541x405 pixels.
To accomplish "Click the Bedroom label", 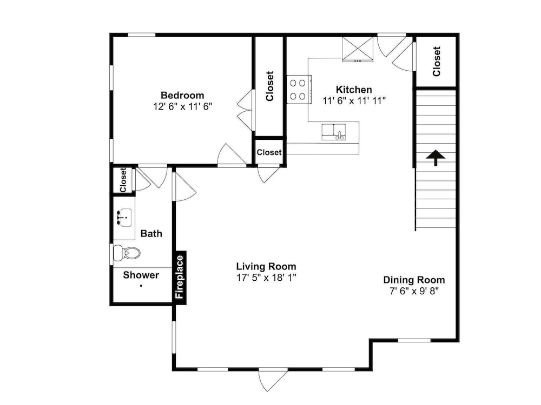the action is click(182, 95).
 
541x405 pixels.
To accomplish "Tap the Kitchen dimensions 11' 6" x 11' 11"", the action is click(354, 101).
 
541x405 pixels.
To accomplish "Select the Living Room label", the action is click(266, 266).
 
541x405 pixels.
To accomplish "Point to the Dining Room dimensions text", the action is click(414, 291).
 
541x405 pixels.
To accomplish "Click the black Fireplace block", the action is click(180, 278).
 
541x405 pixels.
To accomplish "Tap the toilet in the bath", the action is click(127, 253).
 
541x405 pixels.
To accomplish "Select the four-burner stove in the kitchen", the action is click(299, 90).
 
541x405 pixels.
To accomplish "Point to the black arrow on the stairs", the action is click(436, 158).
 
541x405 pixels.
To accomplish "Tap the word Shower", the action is click(141, 275).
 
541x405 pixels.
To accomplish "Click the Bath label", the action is click(151, 233).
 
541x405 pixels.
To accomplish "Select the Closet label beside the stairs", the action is click(437, 62).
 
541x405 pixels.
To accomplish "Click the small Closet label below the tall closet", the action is click(269, 152).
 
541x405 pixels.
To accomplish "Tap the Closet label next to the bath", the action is click(123, 180).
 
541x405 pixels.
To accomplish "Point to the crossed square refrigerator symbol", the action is click(358, 49).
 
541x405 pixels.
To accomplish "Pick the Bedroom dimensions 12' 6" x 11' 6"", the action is click(182, 106).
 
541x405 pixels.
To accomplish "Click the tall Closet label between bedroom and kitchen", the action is click(269, 86).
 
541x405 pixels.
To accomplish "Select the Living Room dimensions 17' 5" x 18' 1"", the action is click(266, 277).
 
